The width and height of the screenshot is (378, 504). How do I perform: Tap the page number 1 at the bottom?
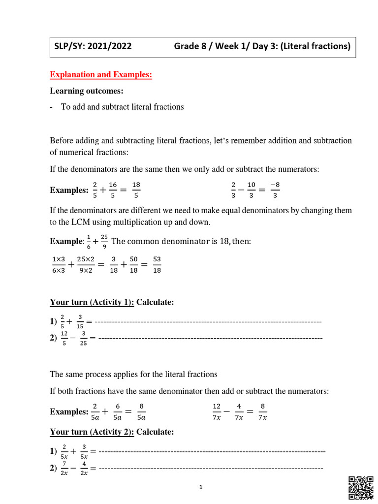tap(201, 487)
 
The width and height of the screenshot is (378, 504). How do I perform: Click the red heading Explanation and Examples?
tap(101, 74)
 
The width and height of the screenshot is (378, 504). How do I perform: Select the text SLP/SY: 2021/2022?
tap(93, 47)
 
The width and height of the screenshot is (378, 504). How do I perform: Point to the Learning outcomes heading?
tap(86, 91)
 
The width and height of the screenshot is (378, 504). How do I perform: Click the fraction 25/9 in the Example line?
tap(104, 242)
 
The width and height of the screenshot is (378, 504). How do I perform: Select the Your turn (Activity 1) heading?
tap(92, 302)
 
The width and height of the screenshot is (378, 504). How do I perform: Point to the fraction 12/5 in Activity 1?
tap(64, 338)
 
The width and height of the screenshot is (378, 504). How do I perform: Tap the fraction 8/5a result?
tap(141, 411)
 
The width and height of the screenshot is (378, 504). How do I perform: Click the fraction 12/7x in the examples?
tap(217, 411)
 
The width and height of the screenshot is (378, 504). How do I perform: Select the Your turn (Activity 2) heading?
tap(92, 432)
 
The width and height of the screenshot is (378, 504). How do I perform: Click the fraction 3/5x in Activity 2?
tap(84, 451)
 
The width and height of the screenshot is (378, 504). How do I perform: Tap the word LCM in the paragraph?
tap(79, 222)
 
